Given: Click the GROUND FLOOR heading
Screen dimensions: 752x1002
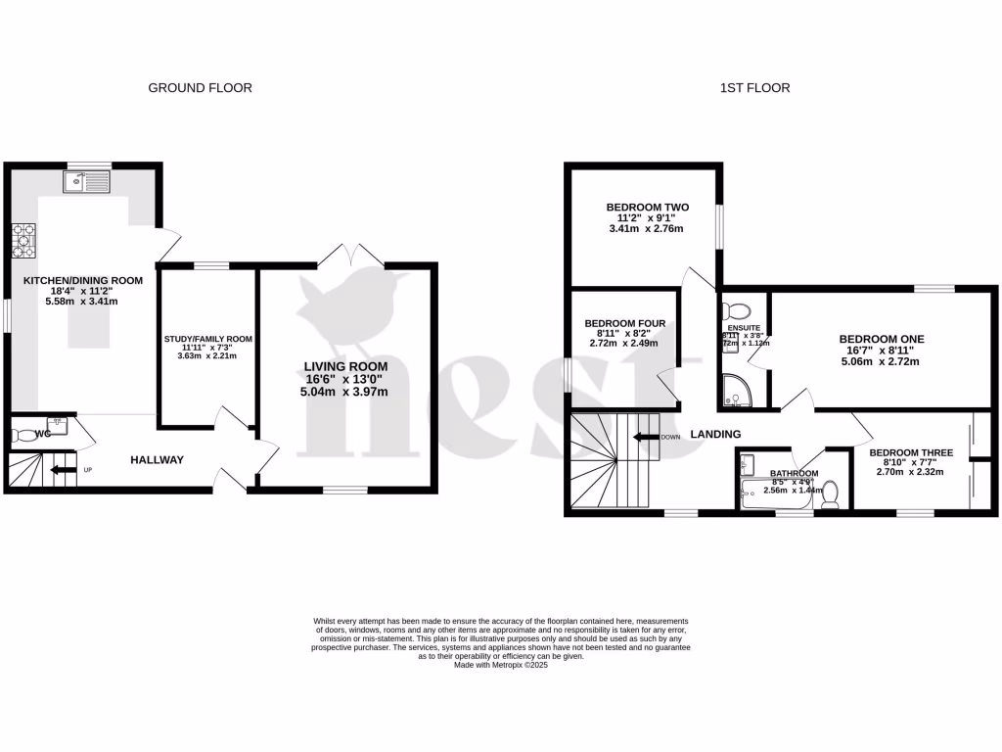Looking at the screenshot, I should pyautogui.click(x=200, y=88).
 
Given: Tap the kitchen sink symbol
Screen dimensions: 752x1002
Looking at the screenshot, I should pyautogui.click(x=83, y=181).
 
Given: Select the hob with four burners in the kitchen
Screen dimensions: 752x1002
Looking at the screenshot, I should pyautogui.click(x=23, y=240).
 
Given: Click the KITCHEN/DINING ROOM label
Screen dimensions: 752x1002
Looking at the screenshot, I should pyautogui.click(x=83, y=280).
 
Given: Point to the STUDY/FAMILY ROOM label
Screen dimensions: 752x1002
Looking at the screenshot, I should pyautogui.click(x=207, y=340).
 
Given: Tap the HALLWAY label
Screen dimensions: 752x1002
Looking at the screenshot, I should pyautogui.click(x=157, y=459).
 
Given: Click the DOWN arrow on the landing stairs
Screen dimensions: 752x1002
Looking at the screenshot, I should pyautogui.click(x=646, y=437).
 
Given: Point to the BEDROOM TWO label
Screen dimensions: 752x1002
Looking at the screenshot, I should pyautogui.click(x=647, y=208).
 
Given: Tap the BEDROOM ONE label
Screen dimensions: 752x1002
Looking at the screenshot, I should pyautogui.click(x=881, y=339).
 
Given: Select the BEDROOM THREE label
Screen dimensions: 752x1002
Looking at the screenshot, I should pyautogui.click(x=910, y=453).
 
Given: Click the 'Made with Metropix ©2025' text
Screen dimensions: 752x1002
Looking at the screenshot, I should pyautogui.click(x=501, y=665).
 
